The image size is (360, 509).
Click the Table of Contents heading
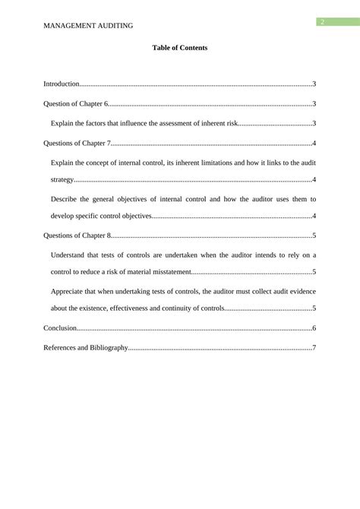179,48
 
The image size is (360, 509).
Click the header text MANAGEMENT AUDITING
89,25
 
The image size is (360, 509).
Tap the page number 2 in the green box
322,22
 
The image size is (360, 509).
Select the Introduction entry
62,84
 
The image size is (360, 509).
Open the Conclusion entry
60,328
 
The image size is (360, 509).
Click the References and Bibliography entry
86,348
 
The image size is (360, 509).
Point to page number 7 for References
314,348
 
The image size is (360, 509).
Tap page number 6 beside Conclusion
314,328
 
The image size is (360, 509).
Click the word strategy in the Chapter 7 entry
62,180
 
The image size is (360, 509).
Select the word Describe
66,199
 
